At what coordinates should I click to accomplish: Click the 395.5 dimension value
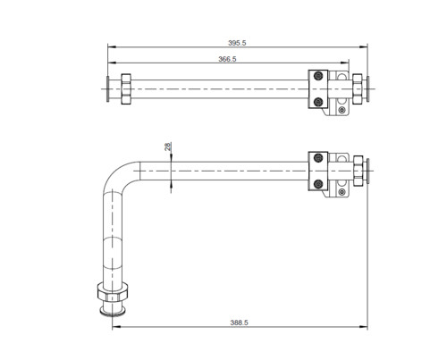237,43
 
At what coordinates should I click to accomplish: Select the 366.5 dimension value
227,59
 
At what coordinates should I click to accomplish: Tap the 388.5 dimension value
239,322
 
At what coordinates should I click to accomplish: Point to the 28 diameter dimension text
168,147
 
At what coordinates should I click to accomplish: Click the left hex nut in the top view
126,89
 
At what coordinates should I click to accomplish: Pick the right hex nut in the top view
358,89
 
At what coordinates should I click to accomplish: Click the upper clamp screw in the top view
318,76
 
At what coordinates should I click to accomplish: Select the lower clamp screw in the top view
318,103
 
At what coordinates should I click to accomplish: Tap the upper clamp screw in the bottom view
318,157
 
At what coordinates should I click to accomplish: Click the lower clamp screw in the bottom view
318,184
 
